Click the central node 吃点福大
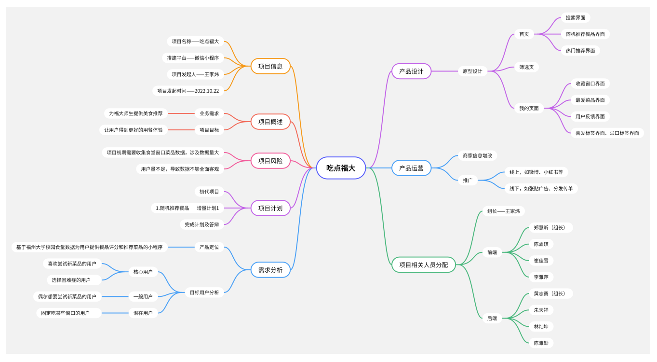point(341,168)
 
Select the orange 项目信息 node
point(270,66)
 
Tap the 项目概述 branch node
point(270,122)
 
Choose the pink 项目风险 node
point(270,161)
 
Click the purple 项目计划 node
point(270,208)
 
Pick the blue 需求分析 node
point(270,270)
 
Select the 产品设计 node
point(411,71)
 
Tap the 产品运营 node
point(411,168)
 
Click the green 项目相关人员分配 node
point(423,265)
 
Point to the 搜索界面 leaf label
point(576,17)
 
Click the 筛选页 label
point(526,67)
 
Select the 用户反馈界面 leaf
point(590,116)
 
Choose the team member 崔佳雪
point(541,261)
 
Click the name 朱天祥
point(541,310)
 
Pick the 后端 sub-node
point(492,318)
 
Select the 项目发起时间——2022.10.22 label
point(188,90)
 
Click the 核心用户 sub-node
point(143,272)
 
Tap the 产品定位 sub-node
point(209,247)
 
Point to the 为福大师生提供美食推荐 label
point(135,113)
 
